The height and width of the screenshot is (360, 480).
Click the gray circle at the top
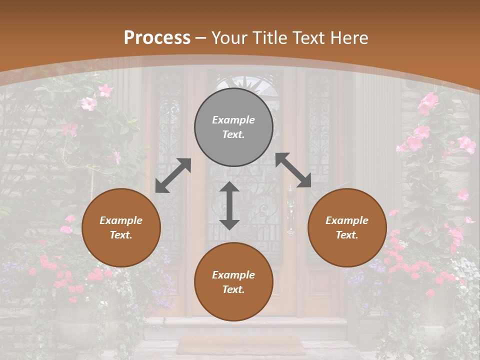pos(233,127)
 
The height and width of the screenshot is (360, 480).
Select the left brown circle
pos(121,227)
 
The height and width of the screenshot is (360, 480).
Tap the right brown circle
pos(347,227)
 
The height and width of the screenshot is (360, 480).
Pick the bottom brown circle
pos(233,282)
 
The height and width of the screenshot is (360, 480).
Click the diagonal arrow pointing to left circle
pos(173,175)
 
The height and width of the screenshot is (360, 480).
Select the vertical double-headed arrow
pos(229,205)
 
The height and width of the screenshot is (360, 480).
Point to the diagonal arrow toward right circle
pos(293,170)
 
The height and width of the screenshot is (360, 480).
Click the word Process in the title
pos(157,37)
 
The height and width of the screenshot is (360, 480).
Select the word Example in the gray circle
pos(233,120)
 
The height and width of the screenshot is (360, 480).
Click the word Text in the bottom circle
pos(232,289)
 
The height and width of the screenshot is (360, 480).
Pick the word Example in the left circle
pos(121,220)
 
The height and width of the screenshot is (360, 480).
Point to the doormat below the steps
pos(241,345)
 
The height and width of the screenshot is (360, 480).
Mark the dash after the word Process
pos(201,38)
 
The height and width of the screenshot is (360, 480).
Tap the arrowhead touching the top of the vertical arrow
pos(229,187)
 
